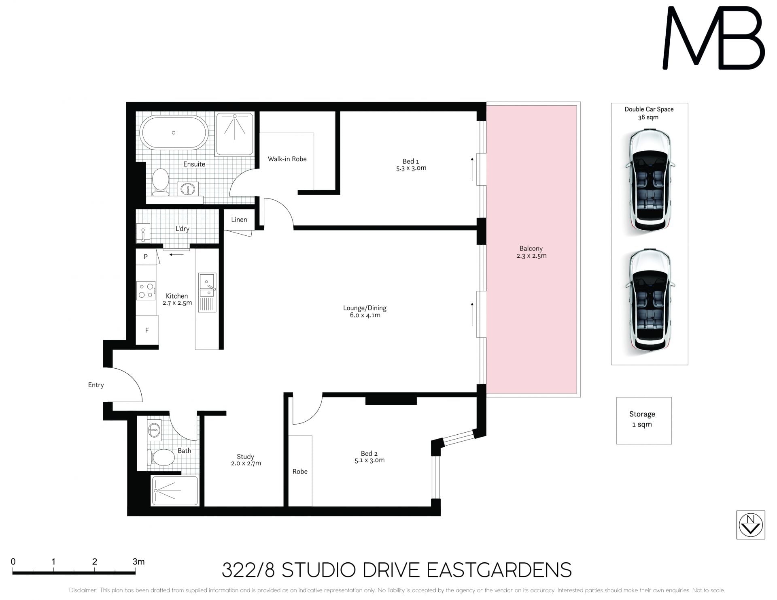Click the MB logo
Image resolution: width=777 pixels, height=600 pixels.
713,38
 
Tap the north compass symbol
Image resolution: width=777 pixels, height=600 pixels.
751,525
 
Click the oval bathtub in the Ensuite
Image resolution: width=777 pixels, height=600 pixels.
174,132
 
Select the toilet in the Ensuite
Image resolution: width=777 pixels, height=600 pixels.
161,182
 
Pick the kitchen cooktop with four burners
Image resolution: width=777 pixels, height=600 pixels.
146,290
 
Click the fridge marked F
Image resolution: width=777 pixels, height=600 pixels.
147,330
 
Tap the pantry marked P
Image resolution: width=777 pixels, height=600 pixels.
146,256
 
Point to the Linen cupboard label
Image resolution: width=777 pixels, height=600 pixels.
239,220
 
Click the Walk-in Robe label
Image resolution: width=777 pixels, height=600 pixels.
287,159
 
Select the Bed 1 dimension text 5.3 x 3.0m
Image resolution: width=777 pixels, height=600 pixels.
411,168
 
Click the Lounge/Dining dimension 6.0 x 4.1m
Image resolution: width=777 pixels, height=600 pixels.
365,315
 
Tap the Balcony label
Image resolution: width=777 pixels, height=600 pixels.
531,248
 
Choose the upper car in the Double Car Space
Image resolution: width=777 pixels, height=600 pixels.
650,181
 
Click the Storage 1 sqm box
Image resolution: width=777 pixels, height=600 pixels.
644,421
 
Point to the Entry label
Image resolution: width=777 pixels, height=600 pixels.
96,385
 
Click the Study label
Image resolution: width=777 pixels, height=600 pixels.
245,457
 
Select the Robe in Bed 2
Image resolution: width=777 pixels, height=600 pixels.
300,471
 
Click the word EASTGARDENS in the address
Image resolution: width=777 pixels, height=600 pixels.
499,570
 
